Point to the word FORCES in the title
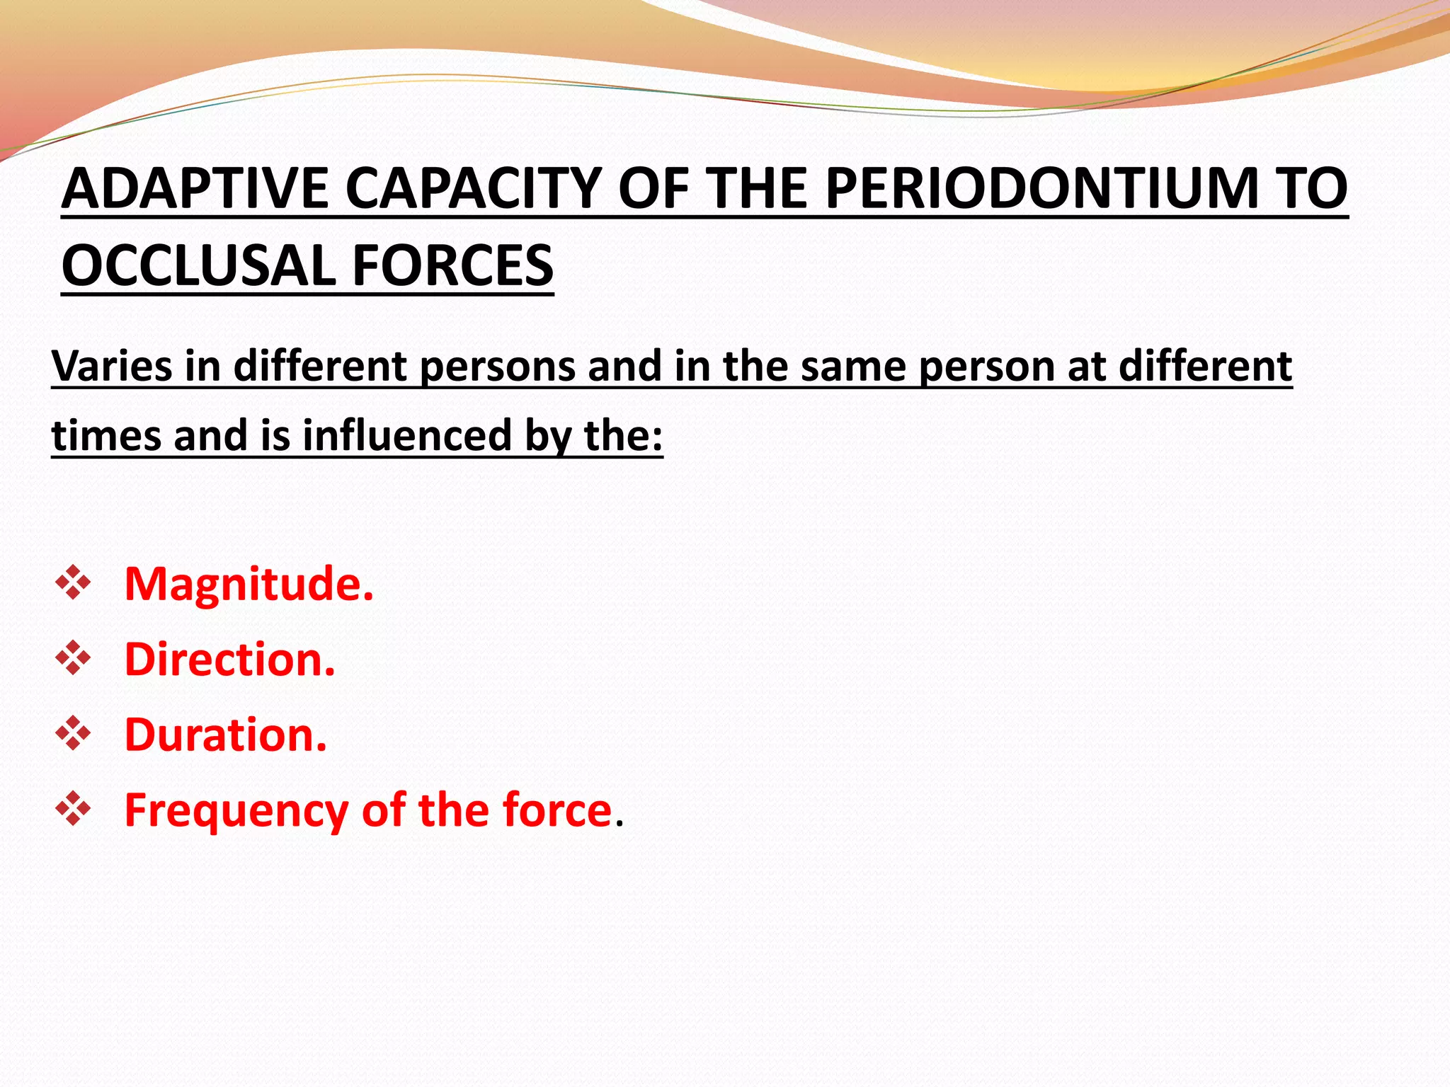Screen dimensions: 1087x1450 pyautogui.click(x=452, y=265)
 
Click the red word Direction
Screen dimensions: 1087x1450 pyautogui.click(x=229, y=660)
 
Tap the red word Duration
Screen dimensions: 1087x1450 pyautogui.click(x=225, y=735)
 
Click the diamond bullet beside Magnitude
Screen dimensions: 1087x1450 pyautogui.click(x=74, y=583)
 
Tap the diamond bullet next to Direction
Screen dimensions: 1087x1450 pyautogui.click(x=74, y=658)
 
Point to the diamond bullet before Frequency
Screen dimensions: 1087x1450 pyautogui.click(x=74, y=809)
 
